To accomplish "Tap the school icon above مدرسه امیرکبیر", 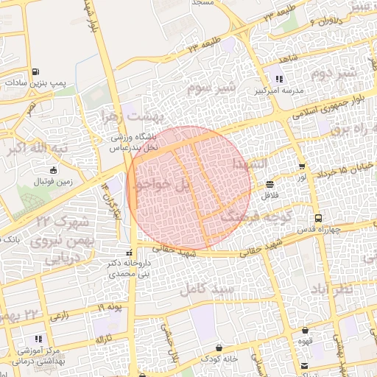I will [x=278, y=80].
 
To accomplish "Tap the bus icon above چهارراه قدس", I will [x=318, y=218].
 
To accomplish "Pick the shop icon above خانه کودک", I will [x=219, y=348].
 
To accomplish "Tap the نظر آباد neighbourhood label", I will [x=346, y=288].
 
